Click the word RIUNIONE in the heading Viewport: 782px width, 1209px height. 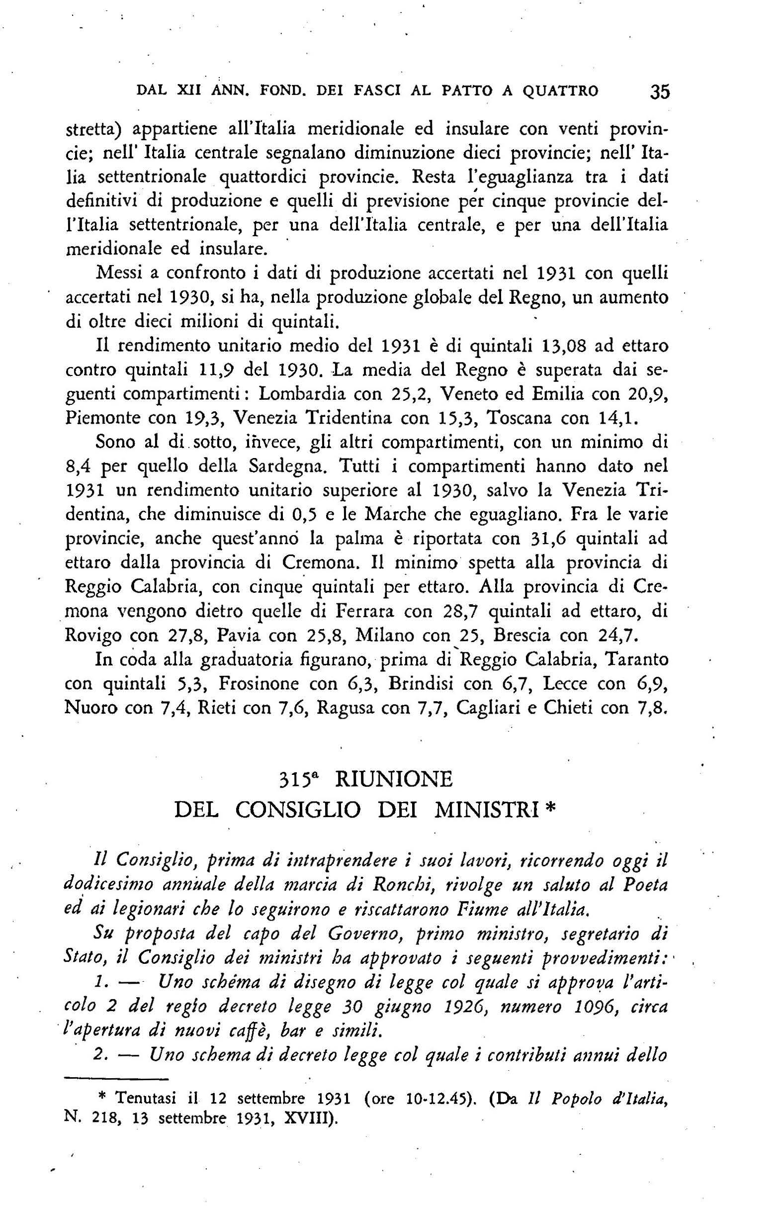point(394,779)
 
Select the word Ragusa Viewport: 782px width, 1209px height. point(363,708)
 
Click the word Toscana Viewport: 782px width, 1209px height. point(518,418)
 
